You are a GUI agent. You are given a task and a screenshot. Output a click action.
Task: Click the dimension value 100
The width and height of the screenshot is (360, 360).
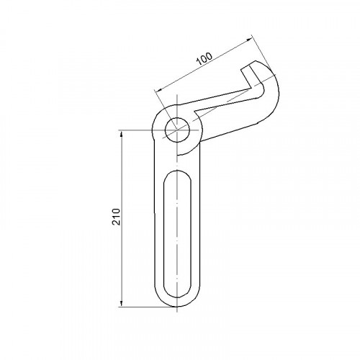[204, 58]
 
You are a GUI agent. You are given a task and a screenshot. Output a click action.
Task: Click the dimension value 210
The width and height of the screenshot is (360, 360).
[116, 217]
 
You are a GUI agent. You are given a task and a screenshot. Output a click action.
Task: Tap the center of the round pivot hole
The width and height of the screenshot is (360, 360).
[177, 130]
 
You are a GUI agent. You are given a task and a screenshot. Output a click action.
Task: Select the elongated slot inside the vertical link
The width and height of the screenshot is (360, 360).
[177, 234]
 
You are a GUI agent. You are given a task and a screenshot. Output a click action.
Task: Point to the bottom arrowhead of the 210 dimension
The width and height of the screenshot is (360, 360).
[122, 303]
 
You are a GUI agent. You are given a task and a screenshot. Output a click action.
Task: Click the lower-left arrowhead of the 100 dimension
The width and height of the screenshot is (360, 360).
[158, 89]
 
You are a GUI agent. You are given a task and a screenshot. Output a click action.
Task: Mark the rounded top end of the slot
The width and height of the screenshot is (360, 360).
[177, 171]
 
